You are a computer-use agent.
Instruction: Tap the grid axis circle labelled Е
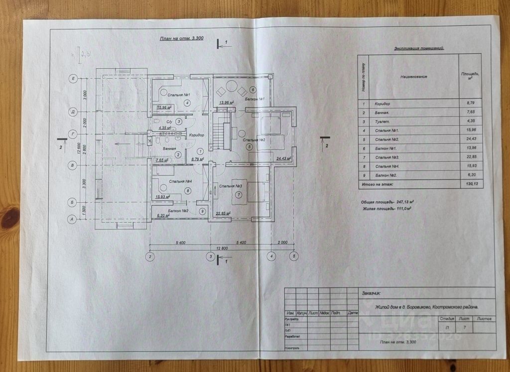73,79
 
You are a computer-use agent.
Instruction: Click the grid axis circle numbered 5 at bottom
294,257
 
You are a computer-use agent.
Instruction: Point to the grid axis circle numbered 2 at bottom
149,257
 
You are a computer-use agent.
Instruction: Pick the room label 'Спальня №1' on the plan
178,95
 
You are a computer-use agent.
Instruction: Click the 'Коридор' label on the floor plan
197,135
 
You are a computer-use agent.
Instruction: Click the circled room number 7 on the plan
239,194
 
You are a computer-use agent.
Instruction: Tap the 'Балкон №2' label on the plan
177,211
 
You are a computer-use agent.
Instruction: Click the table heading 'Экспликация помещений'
419,48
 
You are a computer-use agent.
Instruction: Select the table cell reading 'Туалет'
383,122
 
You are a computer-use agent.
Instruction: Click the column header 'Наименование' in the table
414,77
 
